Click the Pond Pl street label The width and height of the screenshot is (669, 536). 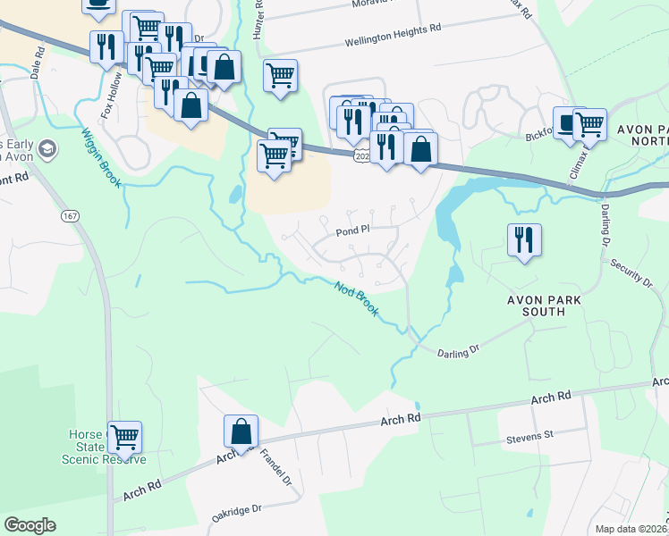pos(353,230)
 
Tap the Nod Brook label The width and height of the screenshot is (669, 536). pos(357,298)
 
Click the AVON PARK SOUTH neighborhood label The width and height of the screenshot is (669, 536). pos(536,306)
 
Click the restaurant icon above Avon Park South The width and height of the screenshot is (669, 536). pos(523,239)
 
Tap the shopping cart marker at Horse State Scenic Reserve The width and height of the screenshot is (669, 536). pos(125,437)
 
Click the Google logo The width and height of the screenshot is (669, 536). pos(30,525)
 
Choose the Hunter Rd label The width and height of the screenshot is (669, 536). pos(259,15)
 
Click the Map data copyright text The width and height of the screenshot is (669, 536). pos(631,529)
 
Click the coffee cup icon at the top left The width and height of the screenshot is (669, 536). pos(98,4)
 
